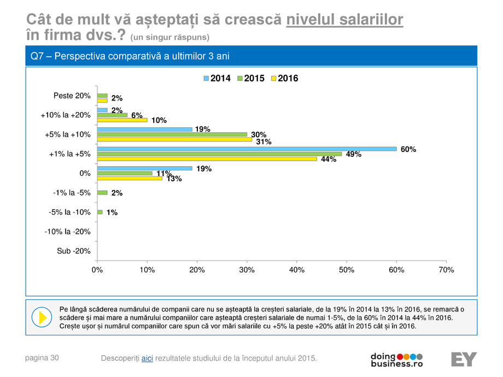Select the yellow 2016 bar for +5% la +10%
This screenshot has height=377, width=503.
tap(174, 139)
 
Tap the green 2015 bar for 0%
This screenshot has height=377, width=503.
tap(125, 173)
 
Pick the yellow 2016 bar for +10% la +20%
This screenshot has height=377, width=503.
tap(122, 120)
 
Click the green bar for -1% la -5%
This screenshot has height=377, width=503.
tap(102, 193)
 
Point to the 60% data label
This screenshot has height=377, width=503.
tap(408, 149)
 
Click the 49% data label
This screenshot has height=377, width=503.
tap(353, 154)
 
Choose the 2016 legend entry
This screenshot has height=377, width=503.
tap(284, 78)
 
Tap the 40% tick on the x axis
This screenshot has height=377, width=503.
tap(296, 270)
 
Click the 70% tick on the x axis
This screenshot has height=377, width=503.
tap(446, 270)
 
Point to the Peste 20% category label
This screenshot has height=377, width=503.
tap(72, 96)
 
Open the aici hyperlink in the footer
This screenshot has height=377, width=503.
tap(147, 358)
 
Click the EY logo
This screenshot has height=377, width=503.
tap(464, 359)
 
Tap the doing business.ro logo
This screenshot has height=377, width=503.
tap(396, 359)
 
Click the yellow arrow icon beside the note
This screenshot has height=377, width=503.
tap(42, 317)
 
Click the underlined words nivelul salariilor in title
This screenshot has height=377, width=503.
tap(345, 20)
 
